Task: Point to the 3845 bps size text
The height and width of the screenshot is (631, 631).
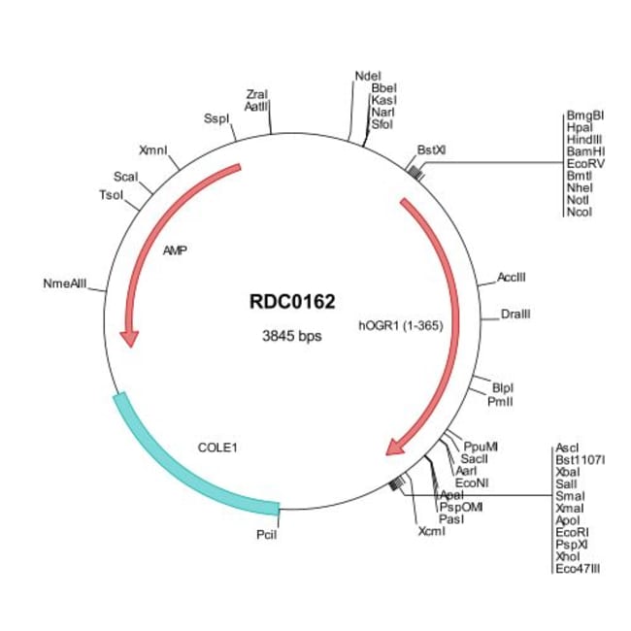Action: click(291, 337)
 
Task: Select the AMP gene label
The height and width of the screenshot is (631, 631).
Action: click(175, 249)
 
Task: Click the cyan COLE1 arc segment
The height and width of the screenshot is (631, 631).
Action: click(184, 466)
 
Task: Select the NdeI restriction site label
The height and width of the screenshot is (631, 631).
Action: click(368, 75)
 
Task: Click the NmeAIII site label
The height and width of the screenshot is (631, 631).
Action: click(65, 283)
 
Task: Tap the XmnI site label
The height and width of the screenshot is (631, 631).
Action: click(153, 150)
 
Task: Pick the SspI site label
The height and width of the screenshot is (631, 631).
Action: click(215, 118)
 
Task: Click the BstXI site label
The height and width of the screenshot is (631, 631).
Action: click(431, 150)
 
